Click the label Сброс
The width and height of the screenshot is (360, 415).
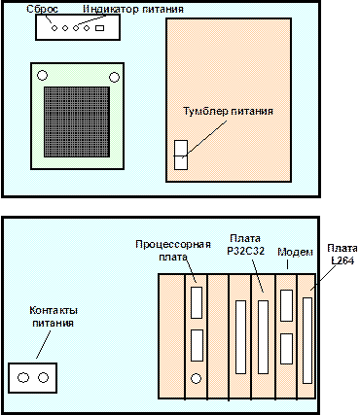point(42,9)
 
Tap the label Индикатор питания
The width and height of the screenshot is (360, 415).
point(133,9)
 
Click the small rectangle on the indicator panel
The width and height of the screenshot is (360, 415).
point(99,28)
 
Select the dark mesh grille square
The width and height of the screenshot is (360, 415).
point(77,121)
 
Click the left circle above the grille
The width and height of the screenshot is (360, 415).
point(42,76)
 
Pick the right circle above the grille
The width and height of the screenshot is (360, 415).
point(114,78)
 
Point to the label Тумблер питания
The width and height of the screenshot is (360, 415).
point(229,111)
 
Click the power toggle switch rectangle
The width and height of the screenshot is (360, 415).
point(181,155)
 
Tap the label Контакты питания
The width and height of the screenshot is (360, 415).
point(54,317)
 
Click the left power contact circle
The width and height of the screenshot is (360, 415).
point(23,377)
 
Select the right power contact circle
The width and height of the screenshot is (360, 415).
point(43,377)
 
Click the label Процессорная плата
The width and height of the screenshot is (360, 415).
point(173,251)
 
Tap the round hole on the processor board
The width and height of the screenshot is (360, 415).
point(196,378)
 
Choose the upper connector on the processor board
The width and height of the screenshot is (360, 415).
point(197,302)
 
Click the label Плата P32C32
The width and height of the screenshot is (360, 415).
point(245,245)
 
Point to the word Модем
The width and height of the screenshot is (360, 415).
point(295,252)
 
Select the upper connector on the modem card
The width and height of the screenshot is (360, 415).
point(286,305)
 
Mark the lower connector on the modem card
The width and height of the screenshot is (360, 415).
point(286,349)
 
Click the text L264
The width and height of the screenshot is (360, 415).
point(342,260)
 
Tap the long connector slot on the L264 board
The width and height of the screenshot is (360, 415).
point(307,341)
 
